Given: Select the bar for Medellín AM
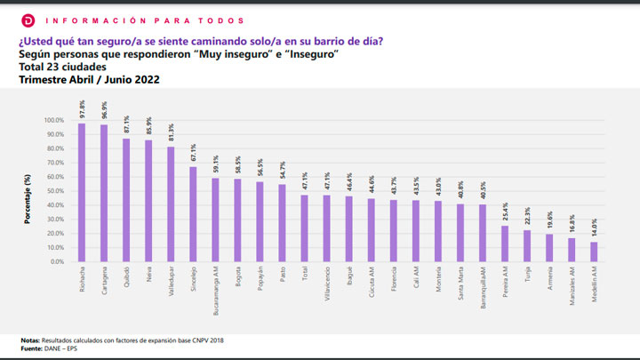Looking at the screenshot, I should tap(595, 252).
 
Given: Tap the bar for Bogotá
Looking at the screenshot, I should tap(238, 220).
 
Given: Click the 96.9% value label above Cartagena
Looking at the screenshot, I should tap(105, 112).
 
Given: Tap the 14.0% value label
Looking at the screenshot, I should tap(595, 229).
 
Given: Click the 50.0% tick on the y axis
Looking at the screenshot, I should tap(54, 191).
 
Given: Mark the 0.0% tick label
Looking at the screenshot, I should tap(56, 261).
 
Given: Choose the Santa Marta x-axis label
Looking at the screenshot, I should tap(461, 286).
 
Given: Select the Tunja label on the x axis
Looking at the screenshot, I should tap(528, 276).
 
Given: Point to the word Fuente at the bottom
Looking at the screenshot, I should tap(31, 348).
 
